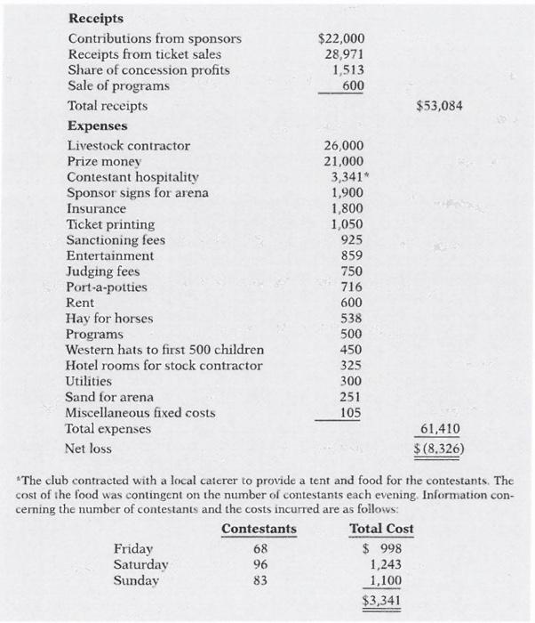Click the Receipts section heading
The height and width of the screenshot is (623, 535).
(x=96, y=18)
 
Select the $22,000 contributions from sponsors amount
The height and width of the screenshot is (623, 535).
(x=341, y=38)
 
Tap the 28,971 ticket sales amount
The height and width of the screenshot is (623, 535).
(x=345, y=54)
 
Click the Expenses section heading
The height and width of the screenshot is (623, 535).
(x=98, y=125)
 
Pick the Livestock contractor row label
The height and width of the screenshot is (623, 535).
(x=129, y=145)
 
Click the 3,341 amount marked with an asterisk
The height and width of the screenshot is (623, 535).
(x=347, y=177)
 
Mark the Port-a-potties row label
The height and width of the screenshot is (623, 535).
(x=108, y=287)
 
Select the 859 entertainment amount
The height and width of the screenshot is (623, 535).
(x=353, y=255)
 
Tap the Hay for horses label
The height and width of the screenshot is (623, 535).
(x=110, y=319)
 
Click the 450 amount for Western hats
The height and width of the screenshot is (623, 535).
(x=353, y=350)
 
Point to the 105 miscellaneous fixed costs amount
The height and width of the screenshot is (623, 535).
(x=353, y=413)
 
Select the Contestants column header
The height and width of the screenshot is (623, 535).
(x=259, y=530)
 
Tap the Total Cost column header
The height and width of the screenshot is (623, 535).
(x=382, y=530)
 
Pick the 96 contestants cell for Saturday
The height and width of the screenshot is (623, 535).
(x=259, y=564)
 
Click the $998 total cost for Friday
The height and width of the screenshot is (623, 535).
(x=384, y=548)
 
